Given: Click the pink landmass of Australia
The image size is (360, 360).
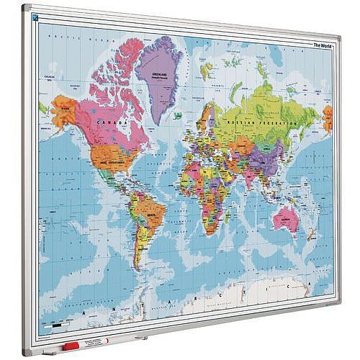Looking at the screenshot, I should [x=286, y=217].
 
